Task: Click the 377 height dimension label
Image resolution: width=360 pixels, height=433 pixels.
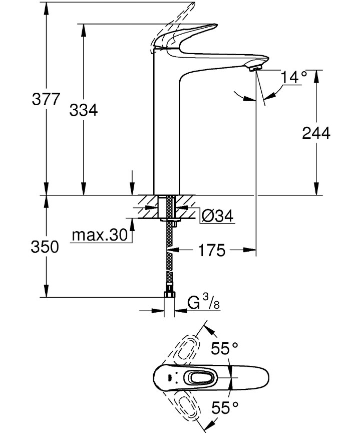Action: (x=46, y=99)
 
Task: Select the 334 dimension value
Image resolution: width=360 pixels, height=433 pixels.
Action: (x=83, y=110)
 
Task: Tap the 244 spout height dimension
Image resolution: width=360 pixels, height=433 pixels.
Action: (x=316, y=133)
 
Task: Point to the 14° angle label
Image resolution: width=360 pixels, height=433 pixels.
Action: (x=293, y=77)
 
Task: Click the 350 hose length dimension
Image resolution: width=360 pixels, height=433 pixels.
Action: (x=46, y=247)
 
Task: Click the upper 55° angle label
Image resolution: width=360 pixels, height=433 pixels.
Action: (x=223, y=349)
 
